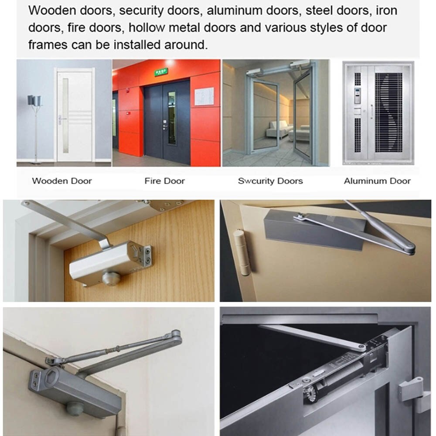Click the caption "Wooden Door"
coord(62,181)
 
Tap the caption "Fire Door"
coord(165,181)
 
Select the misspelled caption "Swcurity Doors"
coord(270,181)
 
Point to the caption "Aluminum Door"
coord(377,181)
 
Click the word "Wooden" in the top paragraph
coord(52,10)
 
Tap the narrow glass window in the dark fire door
coord(172,118)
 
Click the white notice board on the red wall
coord(204,96)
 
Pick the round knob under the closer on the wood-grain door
coord(111,279)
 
